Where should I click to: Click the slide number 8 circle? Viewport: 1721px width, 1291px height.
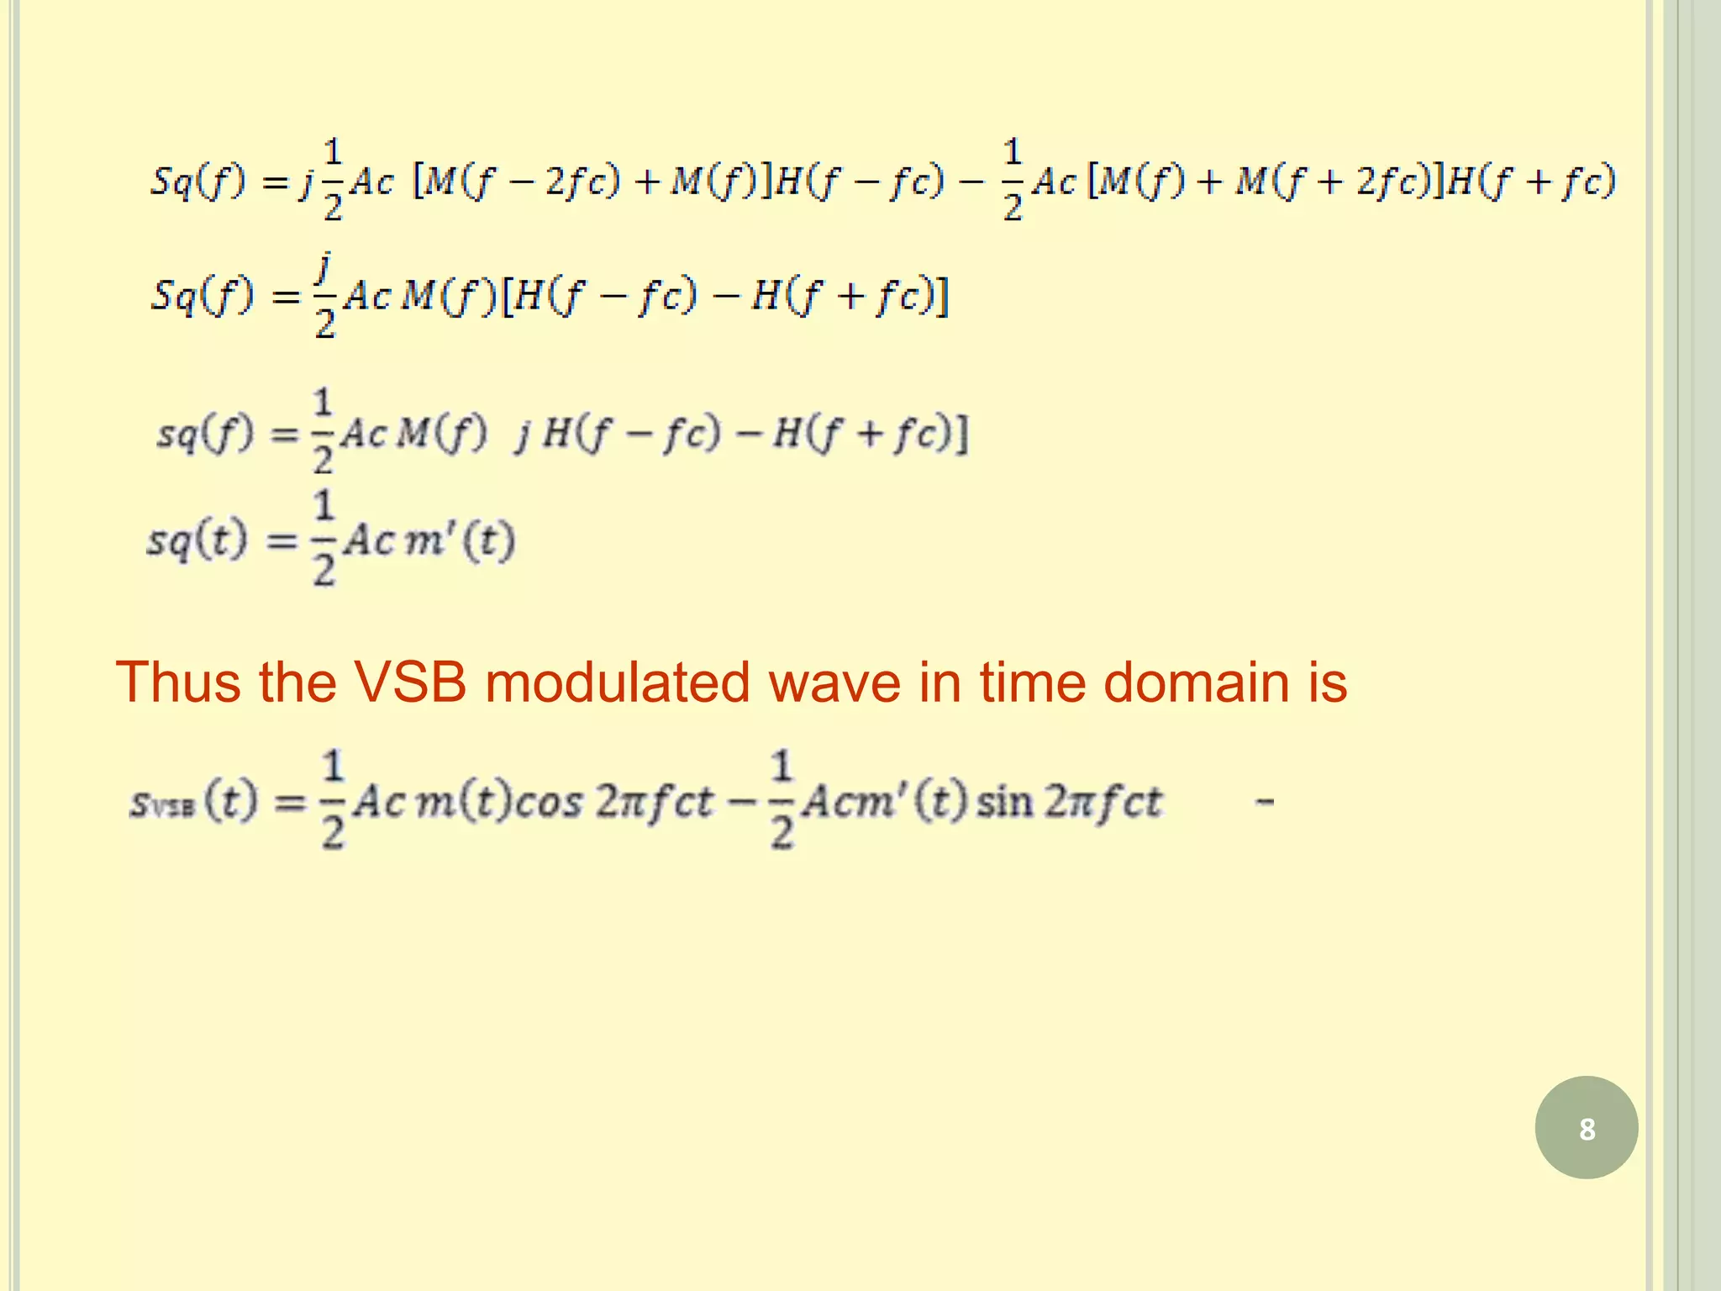coord(1586,1127)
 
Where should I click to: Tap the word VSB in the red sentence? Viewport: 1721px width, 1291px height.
coord(411,682)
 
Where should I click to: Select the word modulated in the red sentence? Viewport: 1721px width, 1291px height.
coord(617,682)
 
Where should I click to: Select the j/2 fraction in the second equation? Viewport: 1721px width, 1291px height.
coord(324,296)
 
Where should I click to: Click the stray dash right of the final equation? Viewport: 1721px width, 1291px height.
coord(1264,803)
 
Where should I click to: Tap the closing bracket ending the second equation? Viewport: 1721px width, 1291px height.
coord(943,296)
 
